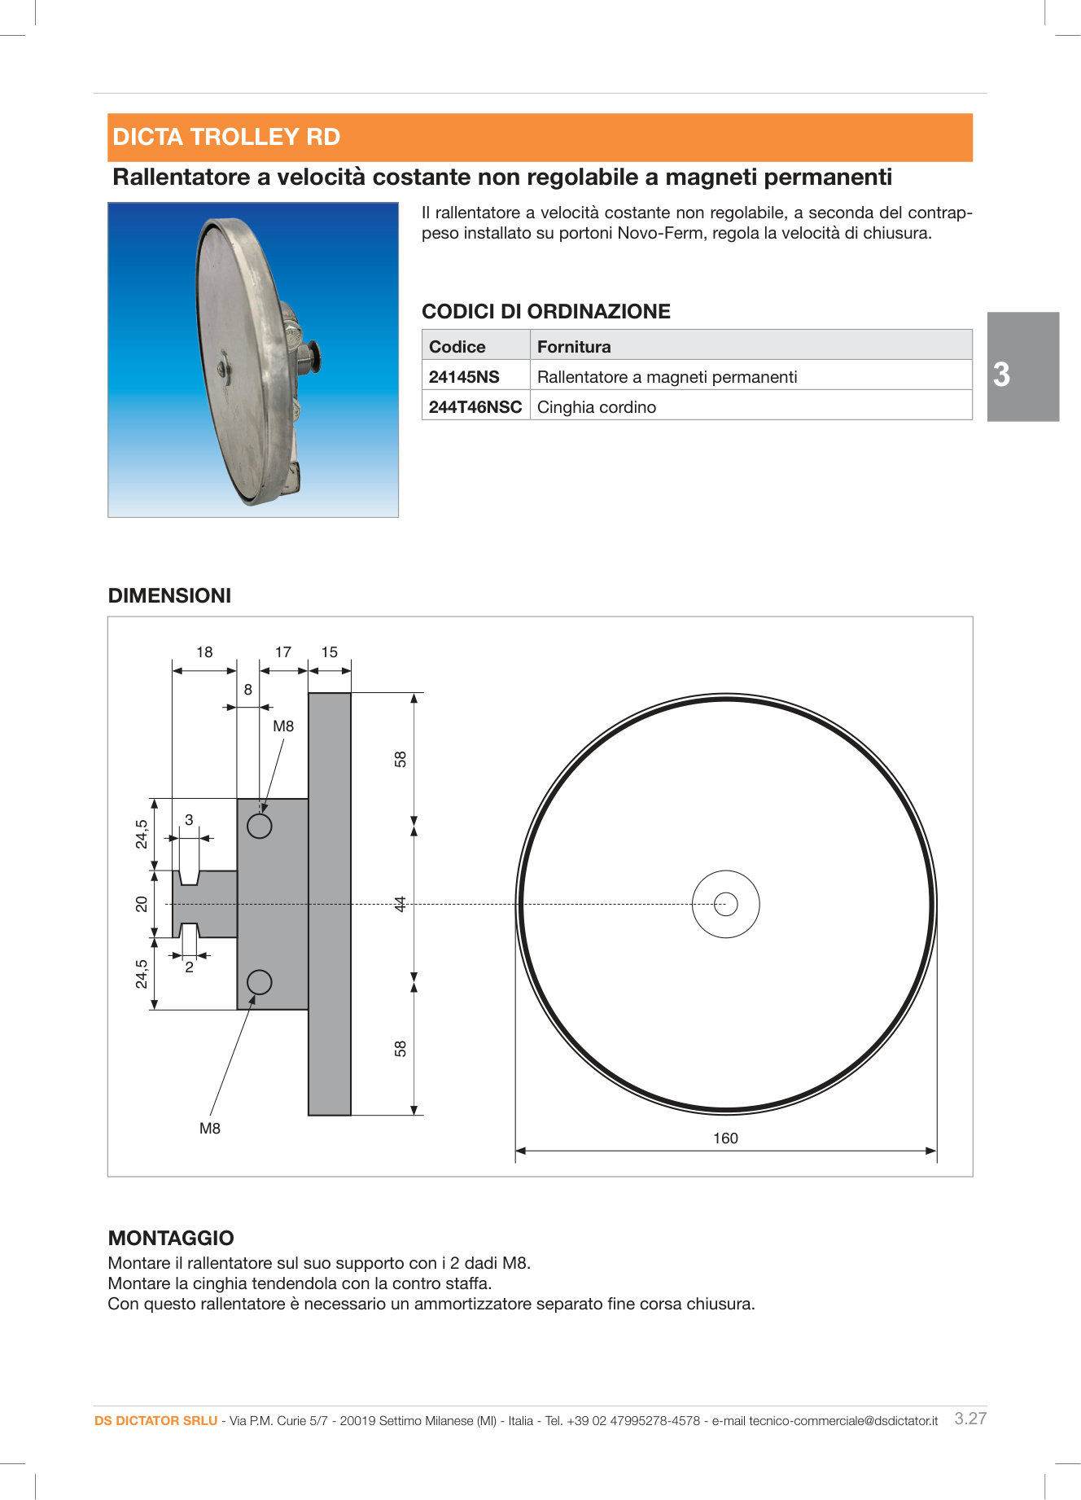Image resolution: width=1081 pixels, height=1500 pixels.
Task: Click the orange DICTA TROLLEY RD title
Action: [x=226, y=137]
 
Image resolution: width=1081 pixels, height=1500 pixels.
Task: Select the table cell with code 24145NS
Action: [x=464, y=377]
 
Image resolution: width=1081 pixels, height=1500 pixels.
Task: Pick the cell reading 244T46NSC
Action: [x=475, y=407]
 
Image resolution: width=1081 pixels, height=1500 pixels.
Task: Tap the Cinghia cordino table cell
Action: [x=597, y=407]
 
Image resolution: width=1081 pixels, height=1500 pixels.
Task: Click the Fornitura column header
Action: [x=574, y=347]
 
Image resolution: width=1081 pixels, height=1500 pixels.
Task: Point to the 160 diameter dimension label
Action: [x=725, y=1138]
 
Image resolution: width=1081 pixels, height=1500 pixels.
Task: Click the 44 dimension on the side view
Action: [x=400, y=904]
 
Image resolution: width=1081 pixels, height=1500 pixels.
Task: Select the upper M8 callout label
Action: [x=283, y=726]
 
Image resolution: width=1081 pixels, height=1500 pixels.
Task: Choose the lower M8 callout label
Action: [x=210, y=1129]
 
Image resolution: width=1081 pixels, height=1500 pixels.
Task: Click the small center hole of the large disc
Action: [x=725, y=904]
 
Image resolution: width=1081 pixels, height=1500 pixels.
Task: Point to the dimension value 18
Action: [x=204, y=652]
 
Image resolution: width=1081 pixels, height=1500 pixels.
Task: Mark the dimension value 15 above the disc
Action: [x=329, y=652]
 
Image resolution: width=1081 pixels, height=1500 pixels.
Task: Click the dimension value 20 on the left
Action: [x=142, y=904]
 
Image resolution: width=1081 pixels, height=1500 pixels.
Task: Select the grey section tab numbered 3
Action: [x=1022, y=367]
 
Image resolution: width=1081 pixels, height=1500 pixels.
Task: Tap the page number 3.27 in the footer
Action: [x=970, y=1419]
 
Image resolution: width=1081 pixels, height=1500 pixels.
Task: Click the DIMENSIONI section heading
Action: [x=169, y=596]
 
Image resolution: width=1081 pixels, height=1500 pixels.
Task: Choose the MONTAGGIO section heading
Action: [x=171, y=1239]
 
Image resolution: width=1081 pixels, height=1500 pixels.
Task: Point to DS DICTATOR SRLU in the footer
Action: [x=155, y=1421]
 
